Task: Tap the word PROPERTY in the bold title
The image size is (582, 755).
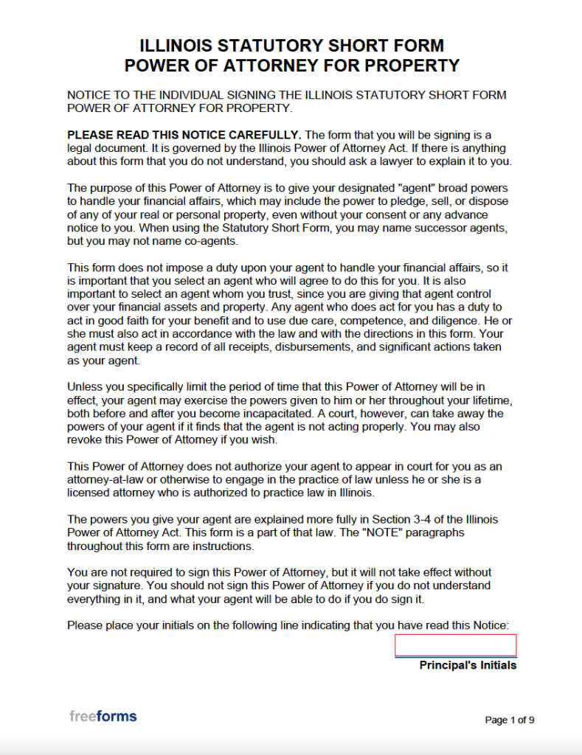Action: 407,65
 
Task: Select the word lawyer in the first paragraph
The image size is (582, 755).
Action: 406,161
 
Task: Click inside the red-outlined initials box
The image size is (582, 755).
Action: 455,645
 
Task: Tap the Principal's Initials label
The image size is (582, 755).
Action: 468,665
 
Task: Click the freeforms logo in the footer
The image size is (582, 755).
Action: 103,716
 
